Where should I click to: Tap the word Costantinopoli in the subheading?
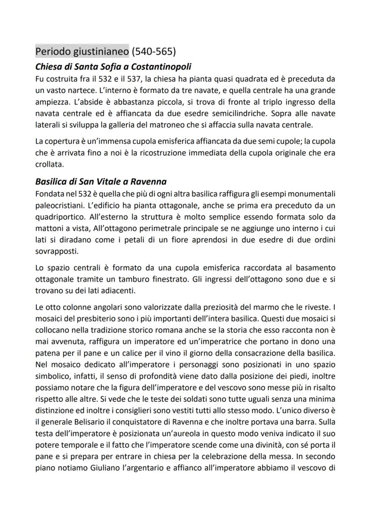click(x=158, y=67)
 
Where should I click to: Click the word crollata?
click(x=49, y=165)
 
